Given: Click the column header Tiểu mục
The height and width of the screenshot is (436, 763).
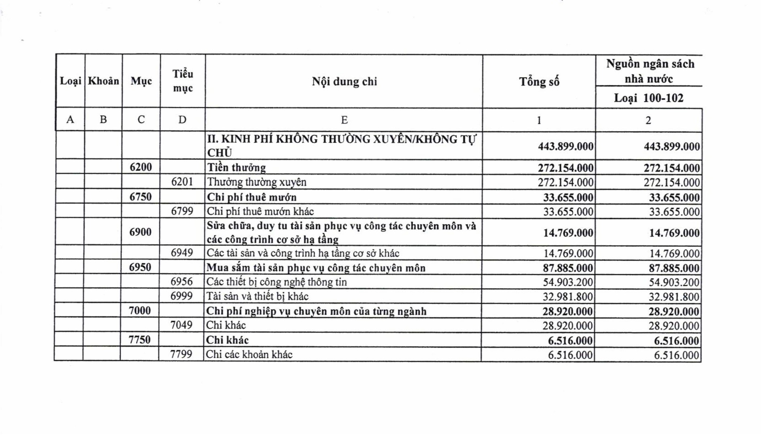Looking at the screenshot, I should pos(183,81).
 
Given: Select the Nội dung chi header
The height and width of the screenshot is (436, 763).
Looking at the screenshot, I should pos(344,82).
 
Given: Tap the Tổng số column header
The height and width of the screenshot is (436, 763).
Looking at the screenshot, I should pos(539,82).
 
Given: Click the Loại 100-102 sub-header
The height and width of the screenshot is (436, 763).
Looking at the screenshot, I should pos(648,98).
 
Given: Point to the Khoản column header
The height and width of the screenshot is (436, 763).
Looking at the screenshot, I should pos(103,81).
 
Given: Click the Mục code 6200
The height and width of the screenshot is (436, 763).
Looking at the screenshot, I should pos(141,167).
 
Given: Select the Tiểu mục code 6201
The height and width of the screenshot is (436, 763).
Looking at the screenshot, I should pos(182,182).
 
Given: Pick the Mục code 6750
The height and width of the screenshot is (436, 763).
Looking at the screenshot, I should pos(141,197).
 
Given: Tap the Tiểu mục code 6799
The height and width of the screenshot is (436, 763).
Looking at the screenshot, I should pos(182,211).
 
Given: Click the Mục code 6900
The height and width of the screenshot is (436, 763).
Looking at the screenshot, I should pos(140,232).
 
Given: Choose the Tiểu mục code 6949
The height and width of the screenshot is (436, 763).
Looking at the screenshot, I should pos(182,253).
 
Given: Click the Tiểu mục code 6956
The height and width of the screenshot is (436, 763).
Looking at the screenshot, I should pos(182,281).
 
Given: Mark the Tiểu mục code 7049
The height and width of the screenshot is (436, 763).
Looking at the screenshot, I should pos(181,325).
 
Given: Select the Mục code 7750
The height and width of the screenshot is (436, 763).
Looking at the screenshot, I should pos(139,340).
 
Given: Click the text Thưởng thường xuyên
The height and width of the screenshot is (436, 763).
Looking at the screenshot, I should pos(256,182).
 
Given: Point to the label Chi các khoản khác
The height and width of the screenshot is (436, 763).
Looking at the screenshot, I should pos(249,354).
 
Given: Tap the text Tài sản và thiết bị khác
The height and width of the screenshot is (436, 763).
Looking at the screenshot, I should pos(257,296).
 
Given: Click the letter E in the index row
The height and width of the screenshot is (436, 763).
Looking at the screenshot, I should pos(344,120).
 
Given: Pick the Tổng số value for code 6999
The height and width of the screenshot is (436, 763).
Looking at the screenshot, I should pos(568,297).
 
